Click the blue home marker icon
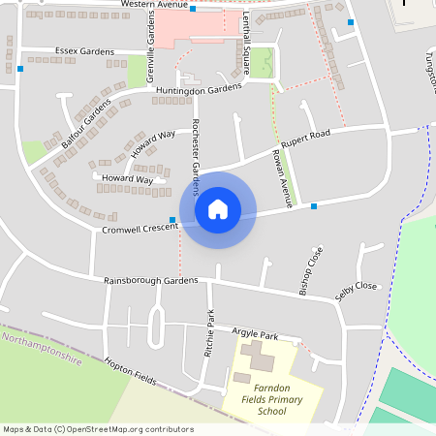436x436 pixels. coord(217,209)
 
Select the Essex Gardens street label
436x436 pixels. coord(84,51)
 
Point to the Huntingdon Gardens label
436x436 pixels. coord(198,89)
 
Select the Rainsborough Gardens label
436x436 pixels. coord(151,281)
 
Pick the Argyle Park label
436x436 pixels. coord(255,334)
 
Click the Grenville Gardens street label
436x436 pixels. coord(150,50)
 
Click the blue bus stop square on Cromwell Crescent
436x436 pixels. coord(172,220)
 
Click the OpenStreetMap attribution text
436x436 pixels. coord(97,429)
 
